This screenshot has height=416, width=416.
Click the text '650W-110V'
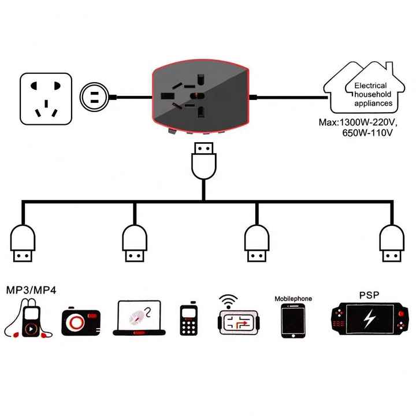pyautogui.click(x=367, y=133)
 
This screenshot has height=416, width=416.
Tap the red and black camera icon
pyautogui.click(x=81, y=322)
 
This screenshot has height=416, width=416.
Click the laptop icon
pyautogui.click(x=139, y=318)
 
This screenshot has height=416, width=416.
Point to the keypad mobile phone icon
pyautogui.click(x=189, y=320)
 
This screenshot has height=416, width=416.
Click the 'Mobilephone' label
pyautogui.click(x=293, y=299)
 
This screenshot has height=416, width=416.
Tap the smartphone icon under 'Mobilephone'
pyautogui.click(x=292, y=321)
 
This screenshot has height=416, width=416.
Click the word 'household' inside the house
pyautogui.click(x=372, y=95)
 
